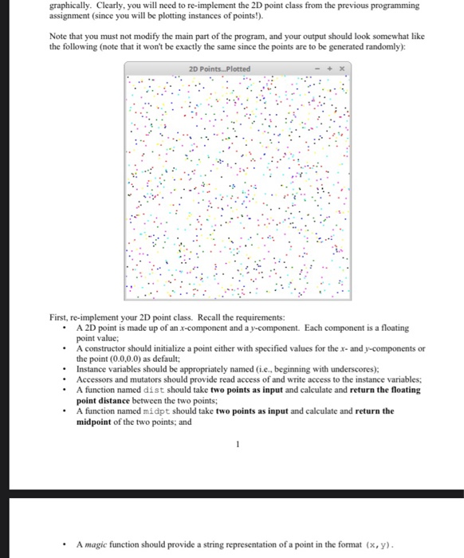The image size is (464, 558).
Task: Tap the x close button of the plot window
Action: point(343,69)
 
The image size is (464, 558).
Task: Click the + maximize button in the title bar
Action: point(332,69)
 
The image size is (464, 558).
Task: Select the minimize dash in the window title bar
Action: point(320,69)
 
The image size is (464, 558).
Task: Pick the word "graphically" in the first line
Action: point(69,5)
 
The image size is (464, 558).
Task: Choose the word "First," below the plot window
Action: point(61,316)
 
